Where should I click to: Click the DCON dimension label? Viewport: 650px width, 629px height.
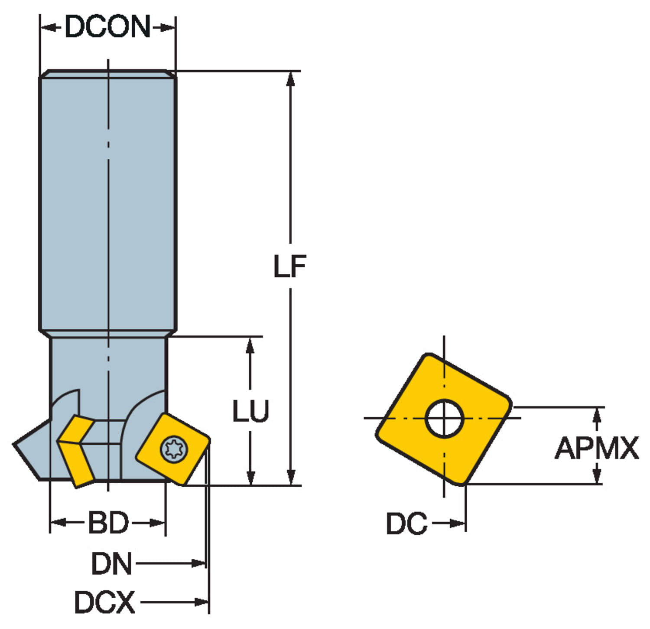pos(107,27)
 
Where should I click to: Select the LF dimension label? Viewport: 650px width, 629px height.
pos(290,266)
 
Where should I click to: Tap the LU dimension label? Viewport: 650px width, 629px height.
pos(250,411)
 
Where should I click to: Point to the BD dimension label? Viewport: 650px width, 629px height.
pos(108,523)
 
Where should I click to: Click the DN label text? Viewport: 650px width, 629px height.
pos(111,564)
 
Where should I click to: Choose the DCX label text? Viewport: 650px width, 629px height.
pos(104,602)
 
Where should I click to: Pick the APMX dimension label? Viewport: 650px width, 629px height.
pos(597,448)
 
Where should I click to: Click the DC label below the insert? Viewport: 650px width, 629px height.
pos(406,524)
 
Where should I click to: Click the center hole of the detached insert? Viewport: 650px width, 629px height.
pos(444,418)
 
